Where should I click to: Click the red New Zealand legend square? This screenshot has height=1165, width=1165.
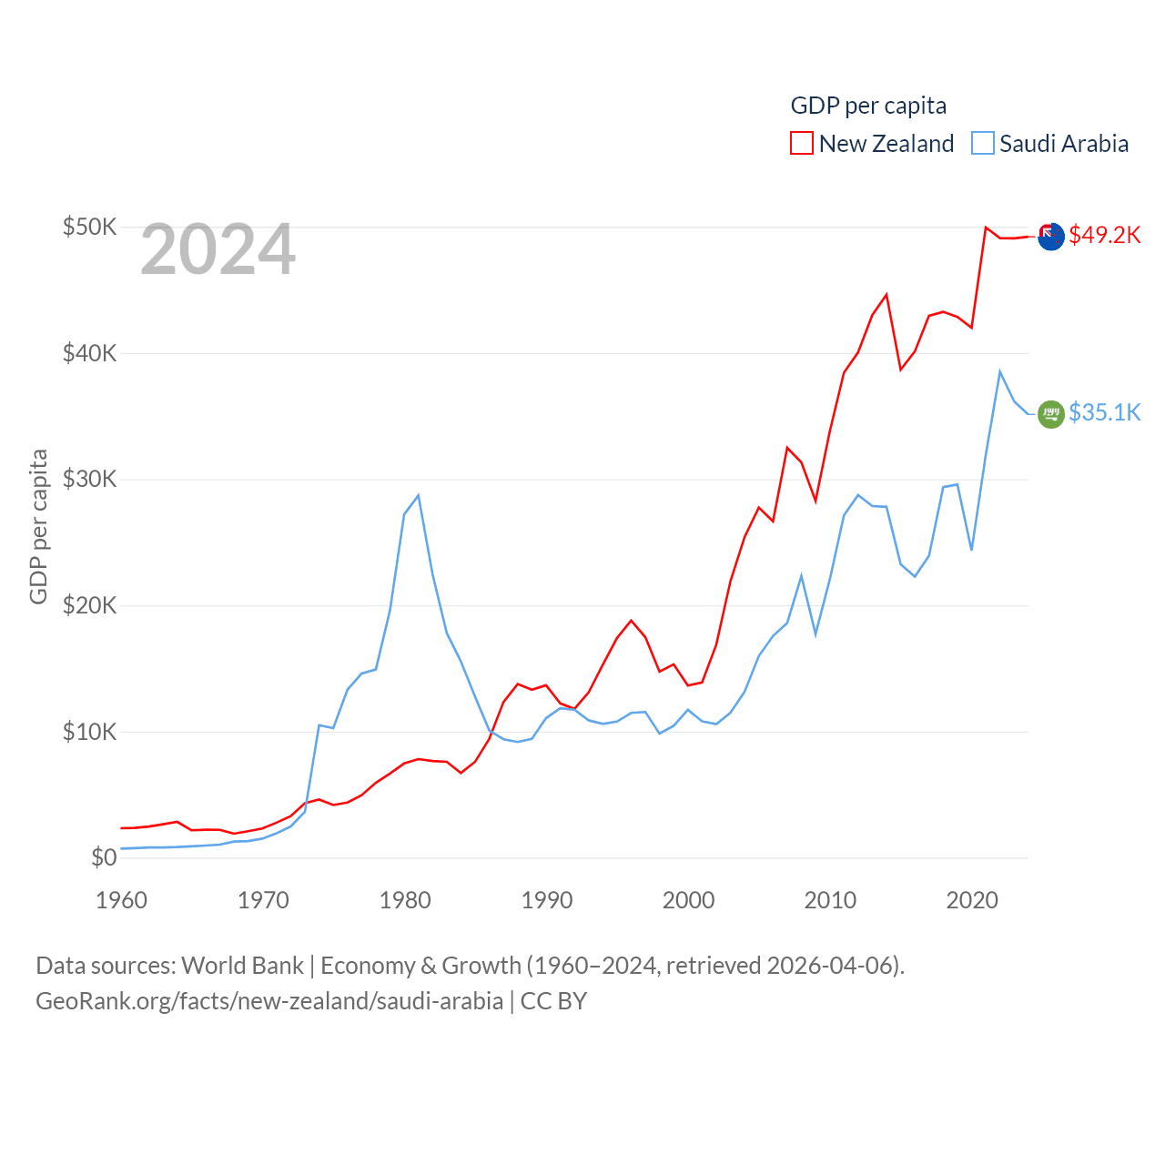click(801, 143)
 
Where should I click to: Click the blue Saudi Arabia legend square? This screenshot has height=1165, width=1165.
click(983, 143)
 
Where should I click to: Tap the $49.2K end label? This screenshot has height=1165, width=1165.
click(1104, 235)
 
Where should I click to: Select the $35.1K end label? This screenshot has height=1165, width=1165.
click(1104, 412)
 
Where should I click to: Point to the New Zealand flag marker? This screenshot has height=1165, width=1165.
click(1051, 236)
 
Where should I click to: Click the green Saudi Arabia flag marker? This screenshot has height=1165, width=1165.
click(1051, 414)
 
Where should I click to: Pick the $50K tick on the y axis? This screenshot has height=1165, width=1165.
click(89, 227)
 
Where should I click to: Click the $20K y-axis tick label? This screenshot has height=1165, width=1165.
click(89, 605)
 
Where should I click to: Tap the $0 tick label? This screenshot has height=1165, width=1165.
click(104, 857)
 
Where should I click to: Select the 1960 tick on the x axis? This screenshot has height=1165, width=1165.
click(121, 900)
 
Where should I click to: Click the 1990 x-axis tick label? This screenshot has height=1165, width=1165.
click(547, 900)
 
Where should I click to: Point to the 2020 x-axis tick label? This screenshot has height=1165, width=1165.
click(972, 900)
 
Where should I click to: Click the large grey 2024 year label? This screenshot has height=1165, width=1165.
click(218, 249)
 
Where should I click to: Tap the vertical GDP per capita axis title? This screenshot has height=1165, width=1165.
click(38, 526)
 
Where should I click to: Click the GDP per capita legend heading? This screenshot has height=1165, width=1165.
click(868, 106)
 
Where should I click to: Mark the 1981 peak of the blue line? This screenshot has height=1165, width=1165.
click(418, 495)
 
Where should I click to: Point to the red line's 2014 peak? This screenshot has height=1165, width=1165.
click(886, 294)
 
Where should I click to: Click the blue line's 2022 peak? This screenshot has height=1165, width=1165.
click(999, 371)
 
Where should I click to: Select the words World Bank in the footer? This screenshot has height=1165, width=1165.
click(242, 965)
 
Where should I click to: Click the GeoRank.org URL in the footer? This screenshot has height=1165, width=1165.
click(269, 1001)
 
